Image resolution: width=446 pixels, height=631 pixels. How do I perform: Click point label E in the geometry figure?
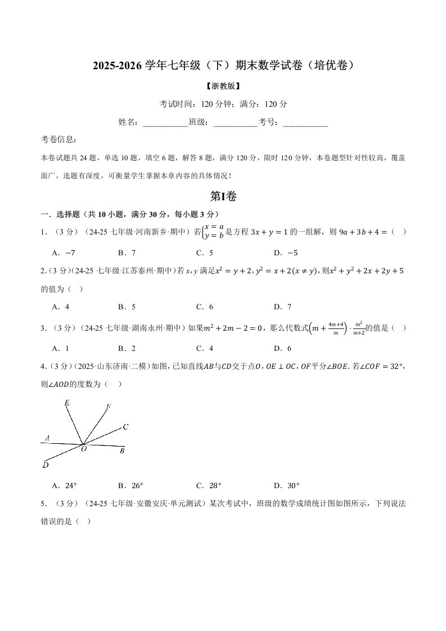tap(67, 403)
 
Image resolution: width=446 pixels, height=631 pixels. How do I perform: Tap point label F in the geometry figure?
tap(109, 406)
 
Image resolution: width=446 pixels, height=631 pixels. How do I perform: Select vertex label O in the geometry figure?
tap(83, 449)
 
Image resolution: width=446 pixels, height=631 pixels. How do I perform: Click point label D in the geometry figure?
tap(45, 465)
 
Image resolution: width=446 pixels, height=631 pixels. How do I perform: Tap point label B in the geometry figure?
tap(122, 450)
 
